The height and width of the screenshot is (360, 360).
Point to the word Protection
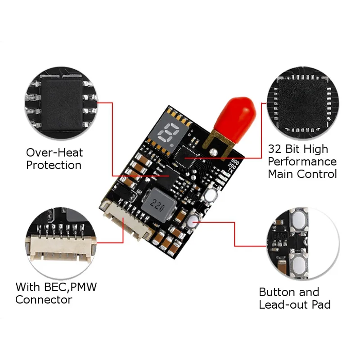[54, 165]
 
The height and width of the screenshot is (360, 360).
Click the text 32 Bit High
[298, 149]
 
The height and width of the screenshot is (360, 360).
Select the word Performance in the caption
[302, 162]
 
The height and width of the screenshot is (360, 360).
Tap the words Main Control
[302, 174]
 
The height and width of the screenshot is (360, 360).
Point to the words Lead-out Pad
[295, 305]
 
